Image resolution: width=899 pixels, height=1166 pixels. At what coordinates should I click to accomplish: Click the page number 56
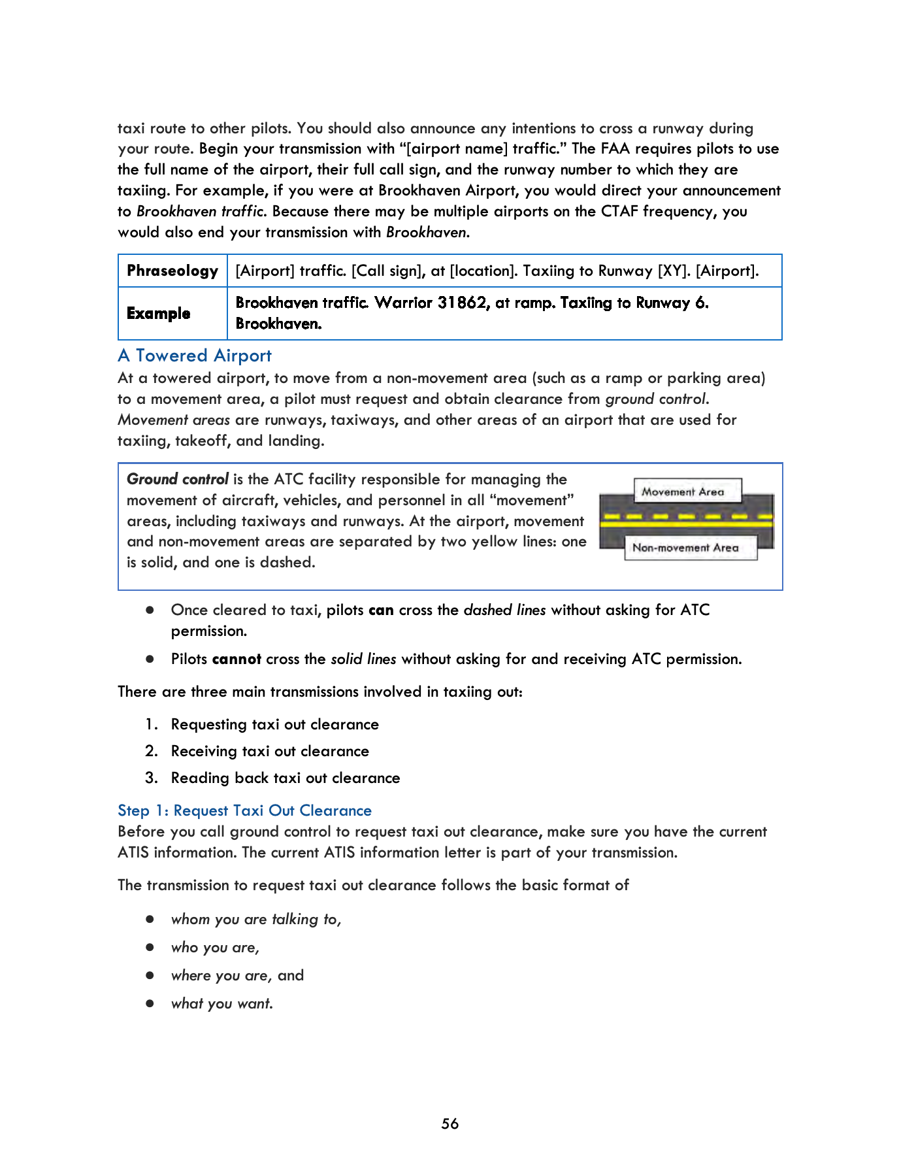coord(449,1124)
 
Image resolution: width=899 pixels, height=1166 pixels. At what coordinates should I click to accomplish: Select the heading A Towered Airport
coord(195,356)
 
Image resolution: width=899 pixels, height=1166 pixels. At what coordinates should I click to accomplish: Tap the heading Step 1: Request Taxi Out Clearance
coord(244,810)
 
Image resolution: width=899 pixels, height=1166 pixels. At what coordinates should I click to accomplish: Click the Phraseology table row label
coord(172,271)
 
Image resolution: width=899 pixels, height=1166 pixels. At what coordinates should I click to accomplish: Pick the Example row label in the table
coord(159,313)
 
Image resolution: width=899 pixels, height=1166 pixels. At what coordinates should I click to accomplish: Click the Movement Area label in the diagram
coord(683,491)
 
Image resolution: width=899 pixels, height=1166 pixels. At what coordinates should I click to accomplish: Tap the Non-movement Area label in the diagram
coord(685,548)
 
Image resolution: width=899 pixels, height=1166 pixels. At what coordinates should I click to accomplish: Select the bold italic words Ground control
coord(178,479)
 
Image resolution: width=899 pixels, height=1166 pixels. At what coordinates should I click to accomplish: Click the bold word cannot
coord(237,659)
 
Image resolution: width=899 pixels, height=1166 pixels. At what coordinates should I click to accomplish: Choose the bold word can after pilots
coord(381,610)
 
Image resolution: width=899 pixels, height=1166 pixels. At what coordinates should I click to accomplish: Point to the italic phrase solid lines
coord(363,659)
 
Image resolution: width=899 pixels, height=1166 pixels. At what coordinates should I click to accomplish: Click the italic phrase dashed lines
coord(504,610)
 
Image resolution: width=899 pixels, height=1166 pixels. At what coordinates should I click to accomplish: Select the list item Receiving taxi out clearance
coord(270,751)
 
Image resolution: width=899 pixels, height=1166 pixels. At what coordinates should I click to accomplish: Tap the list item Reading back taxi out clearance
coord(286,778)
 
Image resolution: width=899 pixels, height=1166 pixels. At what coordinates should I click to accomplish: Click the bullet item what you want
coord(222,1003)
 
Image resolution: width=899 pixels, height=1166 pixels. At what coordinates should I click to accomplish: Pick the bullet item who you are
coord(215,947)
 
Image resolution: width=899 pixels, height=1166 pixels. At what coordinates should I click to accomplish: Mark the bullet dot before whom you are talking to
coord(150,919)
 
